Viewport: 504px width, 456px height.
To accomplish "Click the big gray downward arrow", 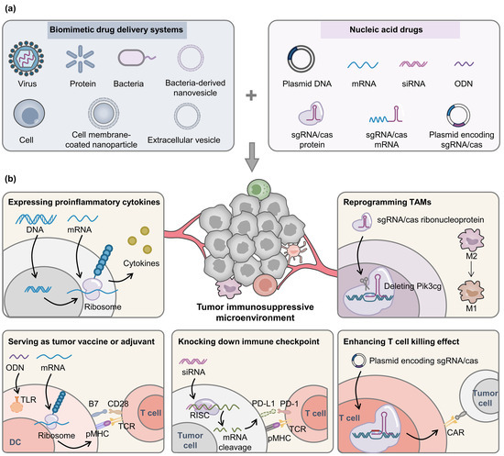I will (x=251, y=161).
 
